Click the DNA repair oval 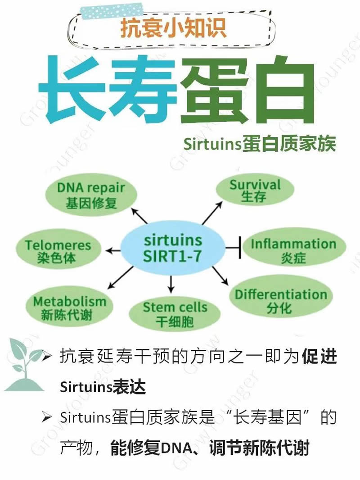(x=91, y=195)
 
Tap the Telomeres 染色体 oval (x=58, y=251)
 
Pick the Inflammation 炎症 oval (x=293, y=250)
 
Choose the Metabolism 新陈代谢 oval (x=69, y=308)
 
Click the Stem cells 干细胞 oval (x=175, y=314)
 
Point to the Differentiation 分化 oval (x=280, y=301)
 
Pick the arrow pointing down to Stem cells (x=171, y=283)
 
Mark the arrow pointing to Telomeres (x=115, y=249)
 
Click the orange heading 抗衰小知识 (x=173, y=28)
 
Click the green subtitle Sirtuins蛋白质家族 (x=260, y=145)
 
